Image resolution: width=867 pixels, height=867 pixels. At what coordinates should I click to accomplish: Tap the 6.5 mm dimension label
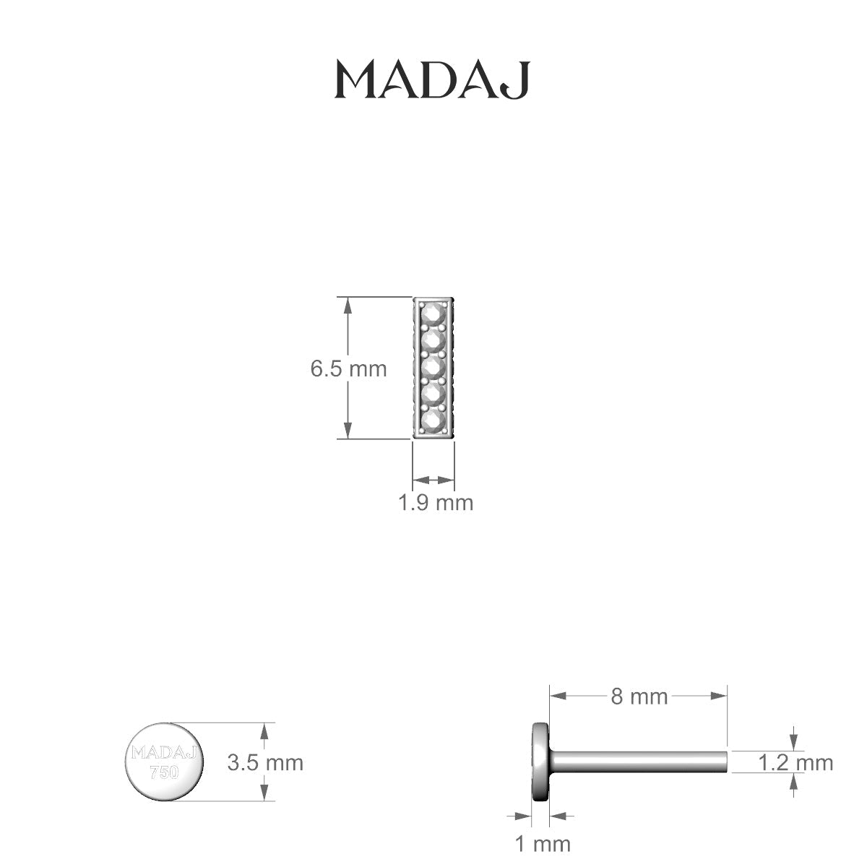click(348, 369)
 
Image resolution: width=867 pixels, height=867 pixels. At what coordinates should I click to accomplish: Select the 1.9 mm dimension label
click(436, 502)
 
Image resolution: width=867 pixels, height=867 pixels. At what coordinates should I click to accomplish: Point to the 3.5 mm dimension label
click(265, 762)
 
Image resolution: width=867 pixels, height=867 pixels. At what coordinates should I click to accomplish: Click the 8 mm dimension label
click(639, 696)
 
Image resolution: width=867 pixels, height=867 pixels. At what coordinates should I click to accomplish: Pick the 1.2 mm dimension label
click(795, 762)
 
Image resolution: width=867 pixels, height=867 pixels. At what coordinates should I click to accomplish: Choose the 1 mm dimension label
click(542, 843)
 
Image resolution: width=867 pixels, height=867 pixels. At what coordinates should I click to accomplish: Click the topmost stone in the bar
click(433, 314)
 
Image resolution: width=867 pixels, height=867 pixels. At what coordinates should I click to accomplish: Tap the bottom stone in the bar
click(433, 420)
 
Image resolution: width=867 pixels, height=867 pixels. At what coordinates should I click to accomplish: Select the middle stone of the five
click(433, 367)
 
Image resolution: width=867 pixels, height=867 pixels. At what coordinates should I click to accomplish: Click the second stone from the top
click(433, 340)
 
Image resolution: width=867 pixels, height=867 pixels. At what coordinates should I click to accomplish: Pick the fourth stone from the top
click(433, 394)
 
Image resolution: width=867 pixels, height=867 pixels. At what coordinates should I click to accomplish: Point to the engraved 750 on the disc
click(164, 772)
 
